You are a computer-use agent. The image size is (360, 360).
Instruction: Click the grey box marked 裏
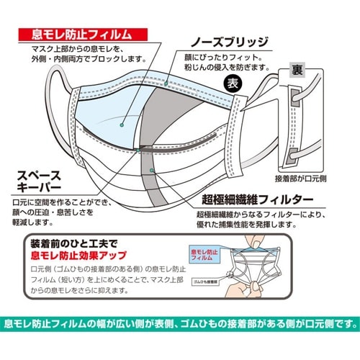[x=295, y=70]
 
